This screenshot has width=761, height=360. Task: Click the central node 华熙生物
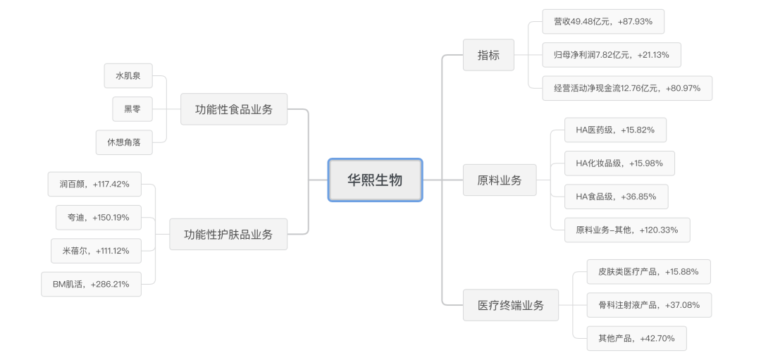point(375,180)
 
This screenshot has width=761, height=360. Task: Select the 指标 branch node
point(488,55)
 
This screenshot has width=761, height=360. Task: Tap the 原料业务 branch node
point(500,180)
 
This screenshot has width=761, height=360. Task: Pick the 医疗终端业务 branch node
point(511,305)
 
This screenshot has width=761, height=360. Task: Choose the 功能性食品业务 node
point(234,109)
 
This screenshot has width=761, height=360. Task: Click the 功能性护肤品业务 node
point(228,234)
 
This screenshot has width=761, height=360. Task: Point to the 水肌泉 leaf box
point(128,75)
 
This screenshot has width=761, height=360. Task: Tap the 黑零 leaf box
point(132,109)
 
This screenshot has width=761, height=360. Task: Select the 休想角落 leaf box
point(124,142)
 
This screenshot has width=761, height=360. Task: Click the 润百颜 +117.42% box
point(94,184)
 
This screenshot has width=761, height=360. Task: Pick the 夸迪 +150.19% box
point(99,217)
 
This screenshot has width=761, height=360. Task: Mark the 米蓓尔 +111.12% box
point(95,251)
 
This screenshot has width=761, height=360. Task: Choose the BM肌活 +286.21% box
point(91,284)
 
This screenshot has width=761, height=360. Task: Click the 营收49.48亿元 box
point(603,21)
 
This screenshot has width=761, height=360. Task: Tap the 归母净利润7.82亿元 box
point(612,55)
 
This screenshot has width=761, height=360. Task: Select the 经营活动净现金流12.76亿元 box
point(627,88)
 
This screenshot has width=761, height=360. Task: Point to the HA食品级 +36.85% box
point(616,197)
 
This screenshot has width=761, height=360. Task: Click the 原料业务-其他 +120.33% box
point(627,230)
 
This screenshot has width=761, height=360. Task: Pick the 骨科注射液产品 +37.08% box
point(649,305)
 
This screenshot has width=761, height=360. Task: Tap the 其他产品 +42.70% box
point(636,338)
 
